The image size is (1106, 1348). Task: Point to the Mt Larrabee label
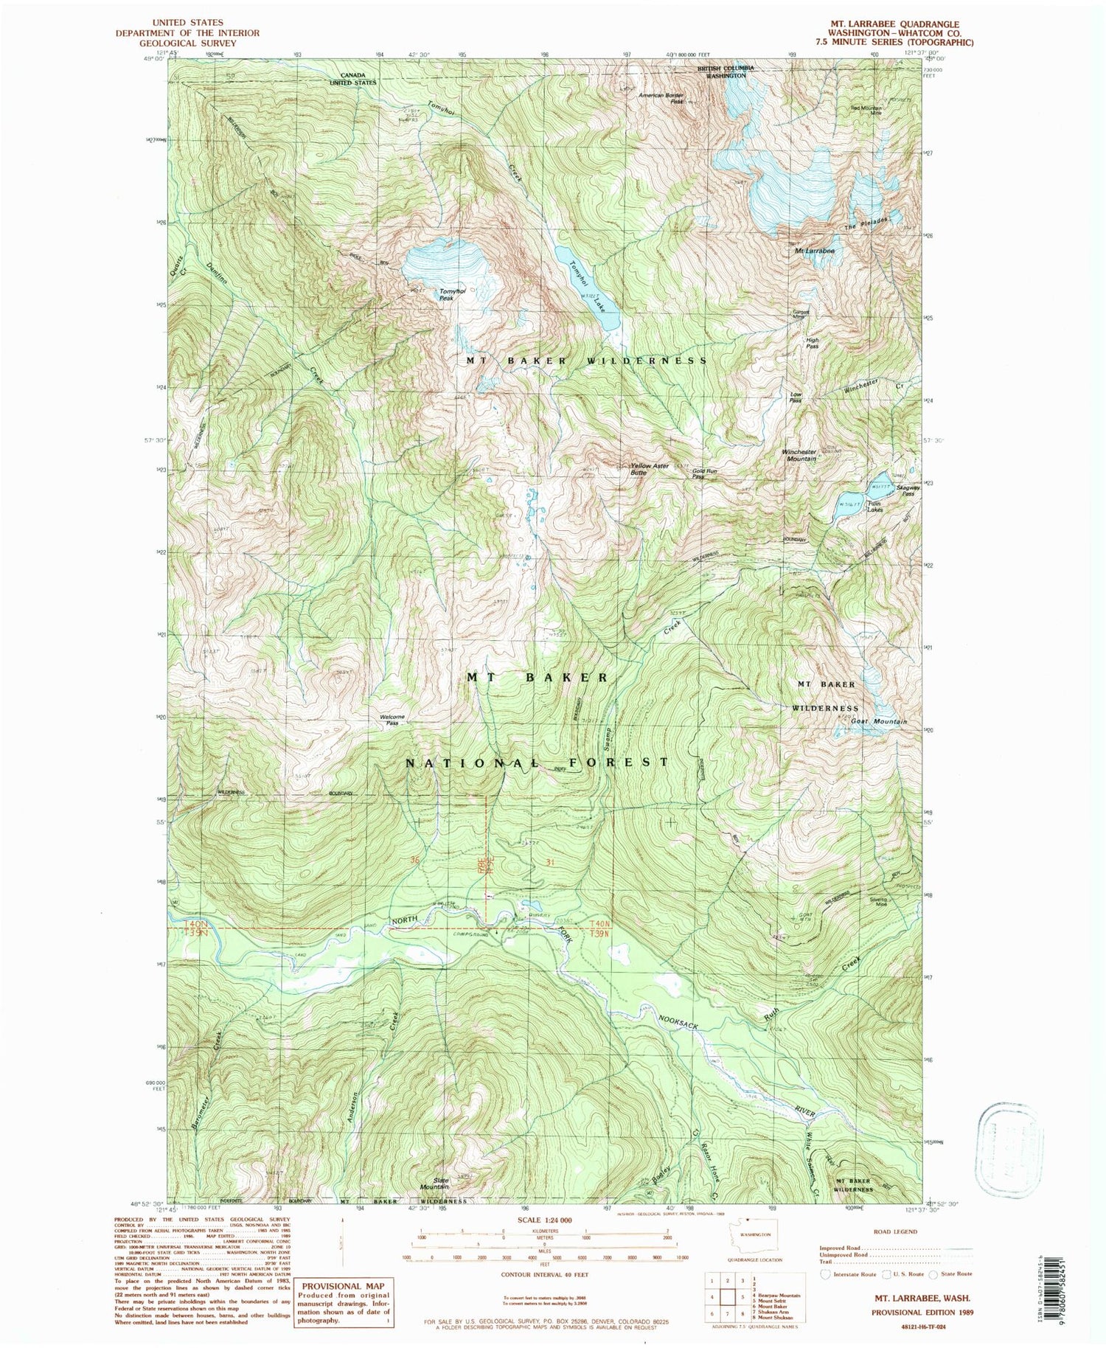coord(815,251)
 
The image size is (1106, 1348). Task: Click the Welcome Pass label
coord(392,720)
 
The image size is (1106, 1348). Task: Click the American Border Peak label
coord(662,98)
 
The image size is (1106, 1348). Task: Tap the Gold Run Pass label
coord(704,473)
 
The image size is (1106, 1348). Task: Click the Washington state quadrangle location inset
coord(751,1230)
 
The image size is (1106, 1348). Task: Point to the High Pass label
coord(812,343)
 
